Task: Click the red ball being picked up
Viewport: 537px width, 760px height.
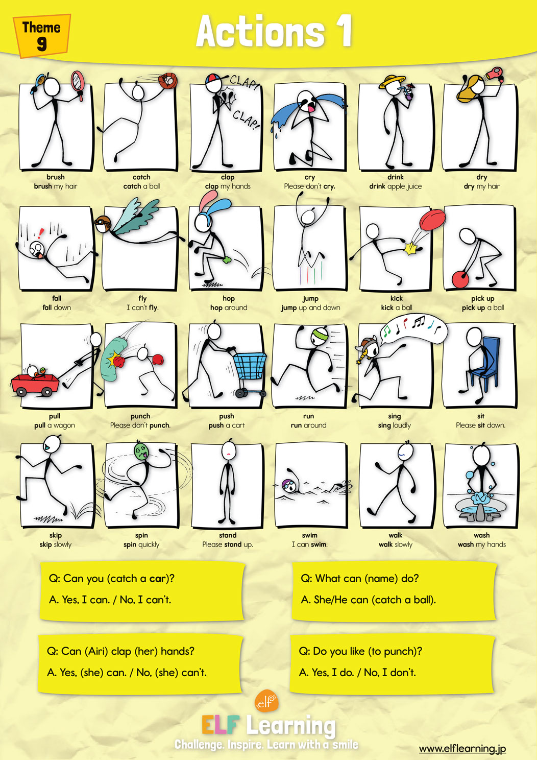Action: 460,279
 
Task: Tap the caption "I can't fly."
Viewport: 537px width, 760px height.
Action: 142,307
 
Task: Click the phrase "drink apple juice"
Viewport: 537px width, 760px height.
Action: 396,186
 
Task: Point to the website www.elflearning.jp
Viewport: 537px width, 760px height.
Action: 462,749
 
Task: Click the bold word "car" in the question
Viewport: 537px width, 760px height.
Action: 158,579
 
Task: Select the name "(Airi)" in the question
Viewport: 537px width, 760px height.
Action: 97,651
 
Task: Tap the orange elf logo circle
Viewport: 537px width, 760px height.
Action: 266,701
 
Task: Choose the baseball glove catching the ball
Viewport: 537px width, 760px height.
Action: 167,80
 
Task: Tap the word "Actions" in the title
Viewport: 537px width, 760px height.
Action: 260,32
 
